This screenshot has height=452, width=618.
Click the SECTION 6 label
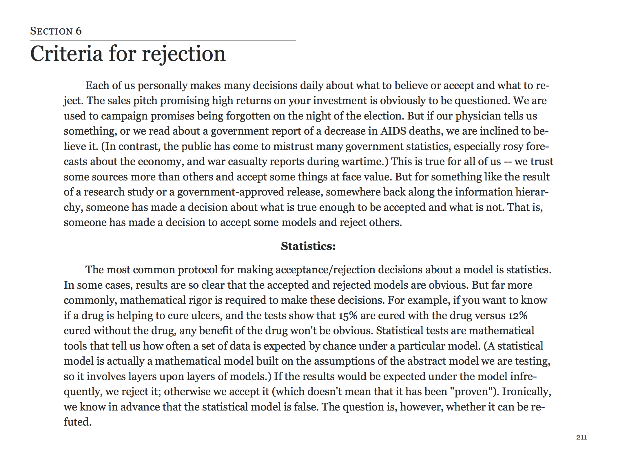56,31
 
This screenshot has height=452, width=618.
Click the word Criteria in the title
66,54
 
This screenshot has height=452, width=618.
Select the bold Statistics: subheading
308,246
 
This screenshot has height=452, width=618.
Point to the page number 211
581,437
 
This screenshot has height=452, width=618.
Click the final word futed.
77,422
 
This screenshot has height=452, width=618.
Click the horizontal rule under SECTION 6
163,41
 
